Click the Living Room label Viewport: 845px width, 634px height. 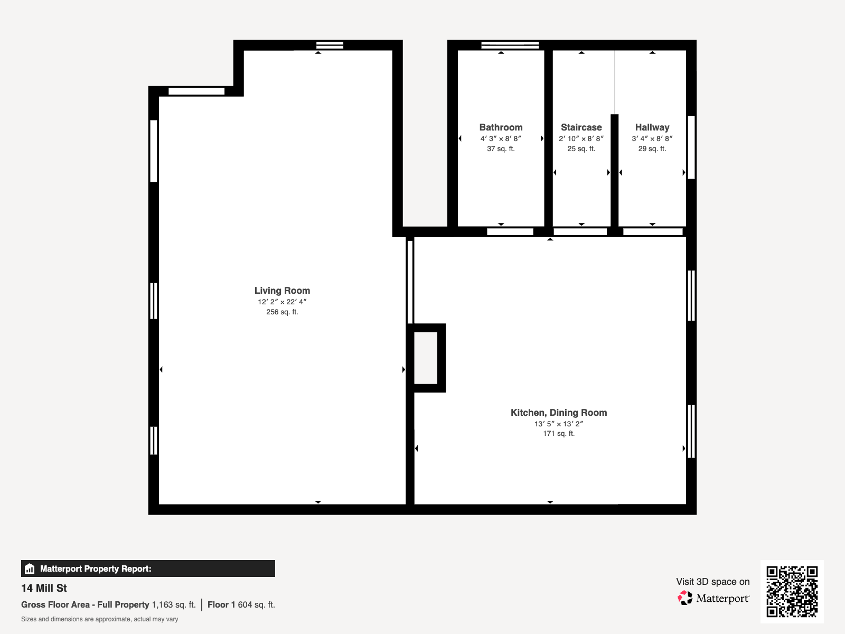pos(282,291)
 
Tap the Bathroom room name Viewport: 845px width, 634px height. pos(501,127)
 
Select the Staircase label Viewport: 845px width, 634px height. pos(581,127)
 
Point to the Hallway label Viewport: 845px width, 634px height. pos(652,127)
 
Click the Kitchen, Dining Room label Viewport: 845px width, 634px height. pos(559,413)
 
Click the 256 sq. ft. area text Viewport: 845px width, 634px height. pos(282,312)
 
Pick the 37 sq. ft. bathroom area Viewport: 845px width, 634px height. pos(501,148)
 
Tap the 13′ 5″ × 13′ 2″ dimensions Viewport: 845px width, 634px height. pos(559,424)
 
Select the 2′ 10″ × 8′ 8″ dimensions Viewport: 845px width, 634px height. pos(581,138)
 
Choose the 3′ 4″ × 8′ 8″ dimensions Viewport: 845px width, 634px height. pos(652,138)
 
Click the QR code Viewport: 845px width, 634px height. pos(792,591)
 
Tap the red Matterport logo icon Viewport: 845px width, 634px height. pos(685,598)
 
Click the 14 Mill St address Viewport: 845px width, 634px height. pos(44,588)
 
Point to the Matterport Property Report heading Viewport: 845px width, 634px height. pos(96,568)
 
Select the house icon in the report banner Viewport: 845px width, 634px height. pos(30,568)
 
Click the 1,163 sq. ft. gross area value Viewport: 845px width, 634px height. pos(174,605)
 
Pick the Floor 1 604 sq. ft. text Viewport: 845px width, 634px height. pos(241,605)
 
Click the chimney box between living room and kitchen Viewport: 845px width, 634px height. pos(426,358)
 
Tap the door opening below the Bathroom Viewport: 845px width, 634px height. pos(510,232)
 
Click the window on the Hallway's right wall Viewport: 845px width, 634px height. pos(691,147)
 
